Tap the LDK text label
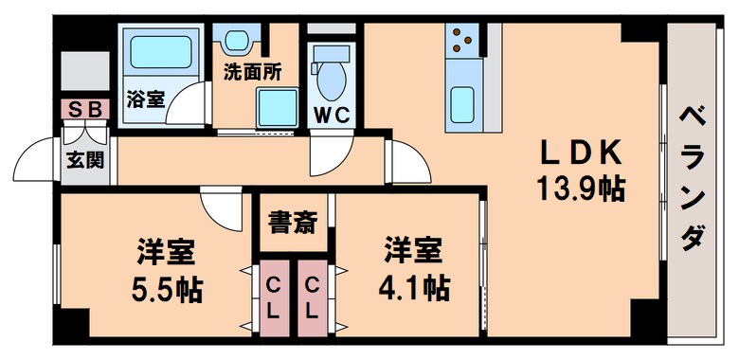(580, 152)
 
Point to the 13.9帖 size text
(580, 188)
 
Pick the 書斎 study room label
(292, 224)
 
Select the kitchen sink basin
(462, 103)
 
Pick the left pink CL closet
(273, 297)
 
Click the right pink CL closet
(311, 297)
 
